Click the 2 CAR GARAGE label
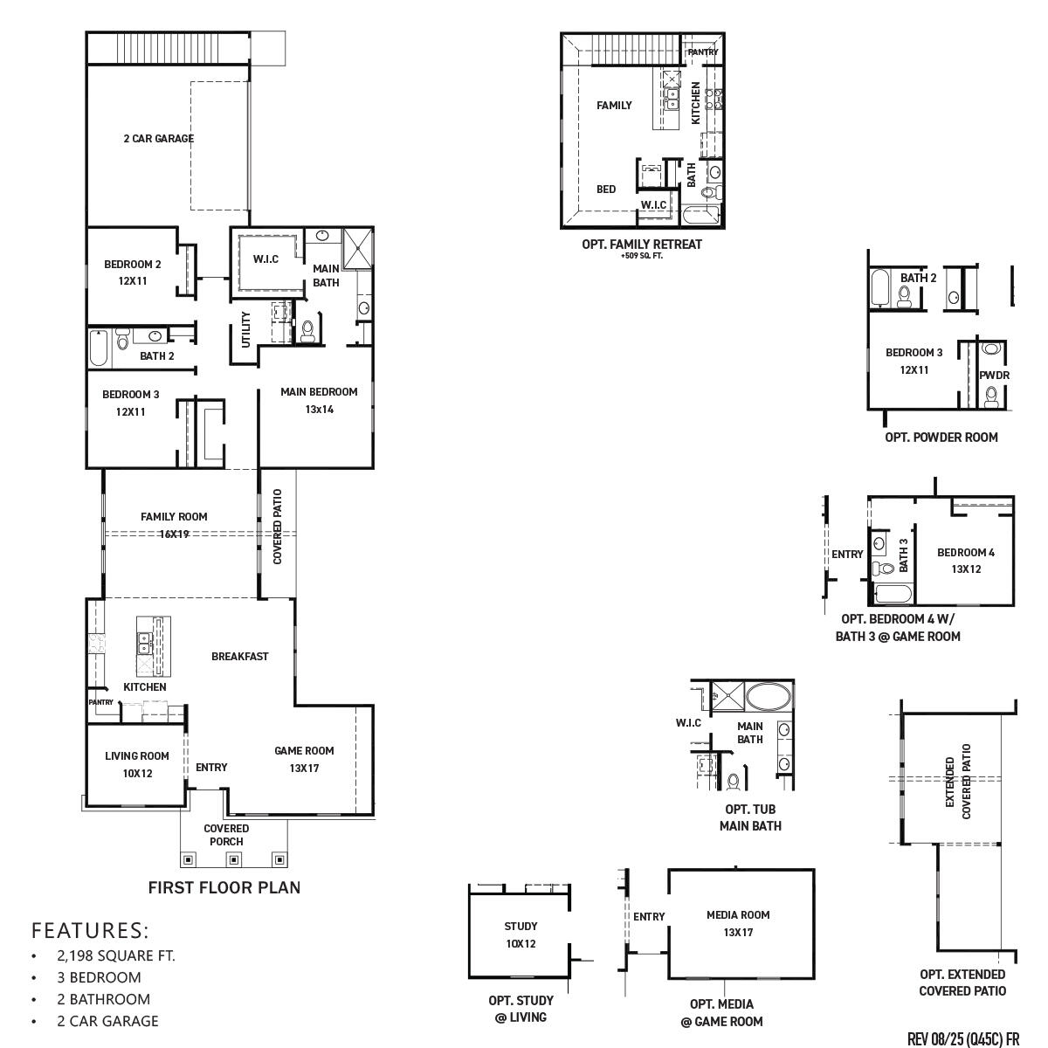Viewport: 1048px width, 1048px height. point(158,138)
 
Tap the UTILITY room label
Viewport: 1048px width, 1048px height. point(245,329)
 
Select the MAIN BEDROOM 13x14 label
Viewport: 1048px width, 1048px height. point(319,400)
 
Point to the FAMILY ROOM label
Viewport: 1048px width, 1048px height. point(174,517)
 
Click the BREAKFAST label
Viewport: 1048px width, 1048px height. point(239,656)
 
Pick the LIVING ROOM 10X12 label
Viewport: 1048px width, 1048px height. point(137,764)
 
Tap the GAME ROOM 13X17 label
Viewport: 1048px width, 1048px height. point(304,759)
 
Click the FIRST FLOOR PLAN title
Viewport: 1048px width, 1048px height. point(224,887)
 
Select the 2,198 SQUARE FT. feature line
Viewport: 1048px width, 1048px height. point(116,955)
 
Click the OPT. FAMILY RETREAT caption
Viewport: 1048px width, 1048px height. point(641,245)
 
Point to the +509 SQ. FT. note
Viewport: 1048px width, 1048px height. point(641,257)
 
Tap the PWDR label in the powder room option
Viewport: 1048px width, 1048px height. point(994,376)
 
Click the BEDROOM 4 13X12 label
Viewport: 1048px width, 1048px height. point(965,560)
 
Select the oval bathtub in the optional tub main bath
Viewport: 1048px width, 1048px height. point(769,697)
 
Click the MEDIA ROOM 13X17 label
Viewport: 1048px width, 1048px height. point(738,923)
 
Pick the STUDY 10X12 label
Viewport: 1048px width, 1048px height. point(521,934)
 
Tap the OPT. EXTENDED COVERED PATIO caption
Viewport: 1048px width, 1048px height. point(962,982)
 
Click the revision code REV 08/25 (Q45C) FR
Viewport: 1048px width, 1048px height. point(963,1038)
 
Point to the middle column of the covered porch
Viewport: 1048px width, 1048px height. point(234,859)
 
